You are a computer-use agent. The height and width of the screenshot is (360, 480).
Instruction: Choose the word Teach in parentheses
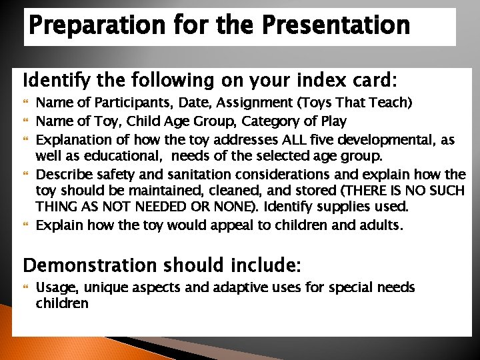click(x=391, y=103)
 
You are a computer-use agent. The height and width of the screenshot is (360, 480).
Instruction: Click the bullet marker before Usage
click(x=27, y=287)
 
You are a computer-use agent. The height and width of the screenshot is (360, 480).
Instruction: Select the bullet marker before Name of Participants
click(x=27, y=104)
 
